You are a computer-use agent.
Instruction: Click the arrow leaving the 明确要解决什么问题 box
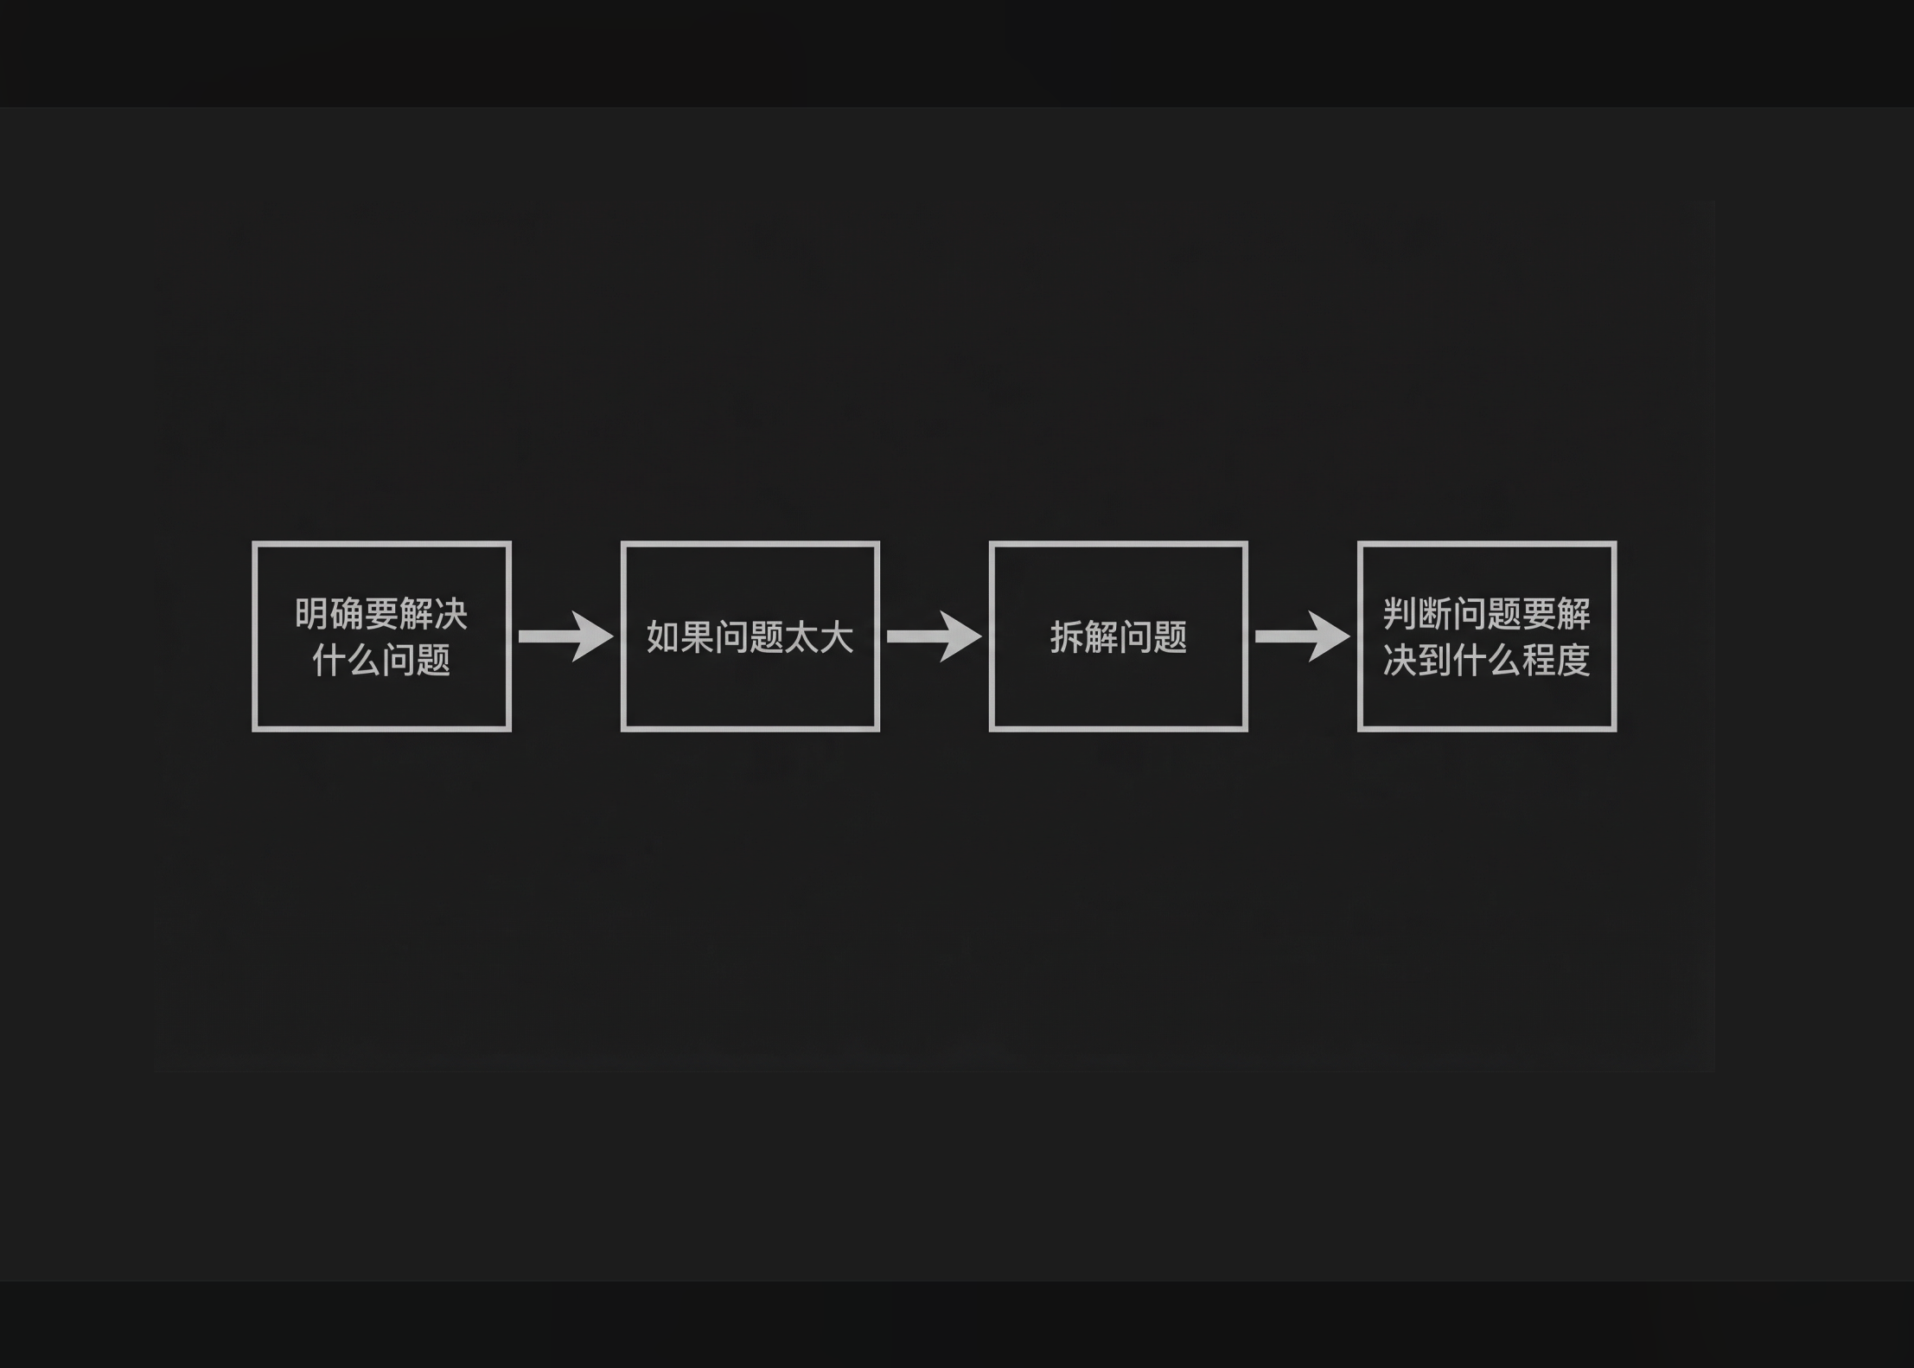point(565,636)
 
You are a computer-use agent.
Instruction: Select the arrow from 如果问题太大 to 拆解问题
point(934,636)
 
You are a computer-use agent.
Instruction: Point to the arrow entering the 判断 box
point(1302,636)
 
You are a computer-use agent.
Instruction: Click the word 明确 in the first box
point(329,615)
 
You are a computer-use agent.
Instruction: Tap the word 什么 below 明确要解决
point(347,661)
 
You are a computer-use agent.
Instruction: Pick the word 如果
point(681,637)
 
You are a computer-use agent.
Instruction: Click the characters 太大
point(820,637)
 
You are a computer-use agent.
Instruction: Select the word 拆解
point(1084,637)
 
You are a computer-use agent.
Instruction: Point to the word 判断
point(1418,615)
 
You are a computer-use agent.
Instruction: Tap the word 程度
point(1556,661)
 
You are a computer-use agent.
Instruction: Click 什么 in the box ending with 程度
point(1487,661)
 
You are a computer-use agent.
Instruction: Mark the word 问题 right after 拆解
point(1153,637)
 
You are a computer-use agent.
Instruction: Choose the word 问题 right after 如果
point(750,637)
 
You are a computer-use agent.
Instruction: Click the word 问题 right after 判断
point(1487,615)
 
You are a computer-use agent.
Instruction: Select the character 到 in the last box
point(1435,661)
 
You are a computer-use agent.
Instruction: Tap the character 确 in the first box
point(347,615)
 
